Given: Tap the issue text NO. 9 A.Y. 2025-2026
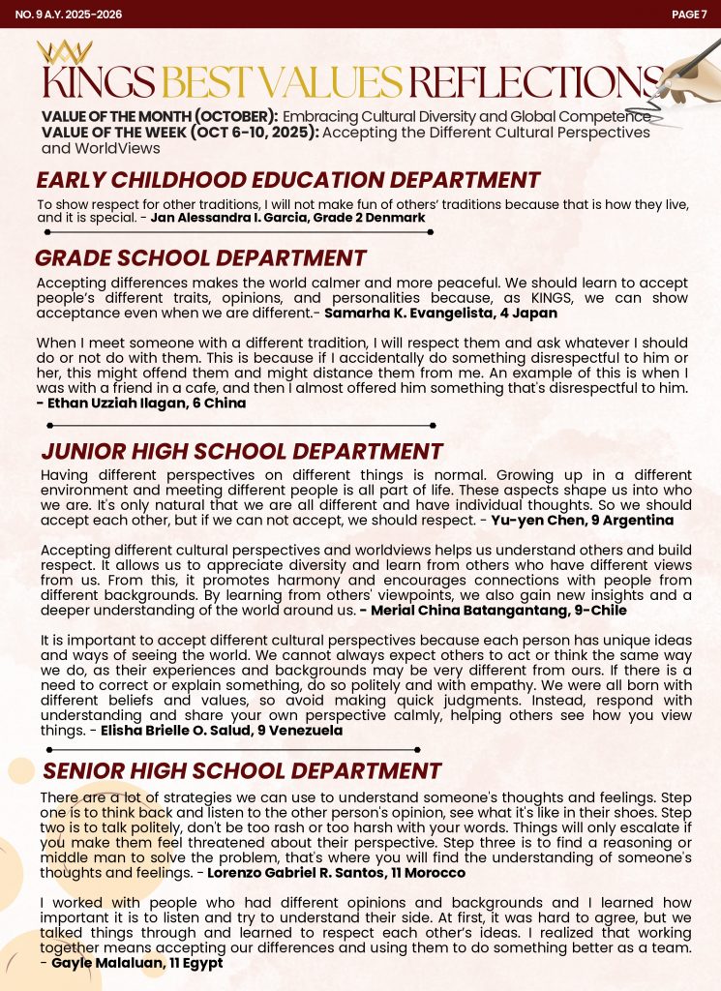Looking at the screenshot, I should tap(61, 14).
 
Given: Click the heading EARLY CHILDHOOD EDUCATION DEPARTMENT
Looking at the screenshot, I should tap(287, 180).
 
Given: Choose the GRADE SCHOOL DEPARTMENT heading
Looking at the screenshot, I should tap(200, 258).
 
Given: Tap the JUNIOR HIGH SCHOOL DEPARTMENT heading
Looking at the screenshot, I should tap(242, 451).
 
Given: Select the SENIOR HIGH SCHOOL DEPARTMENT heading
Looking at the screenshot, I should tap(242, 770).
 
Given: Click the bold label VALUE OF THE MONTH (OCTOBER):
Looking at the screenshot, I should tap(160, 116).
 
